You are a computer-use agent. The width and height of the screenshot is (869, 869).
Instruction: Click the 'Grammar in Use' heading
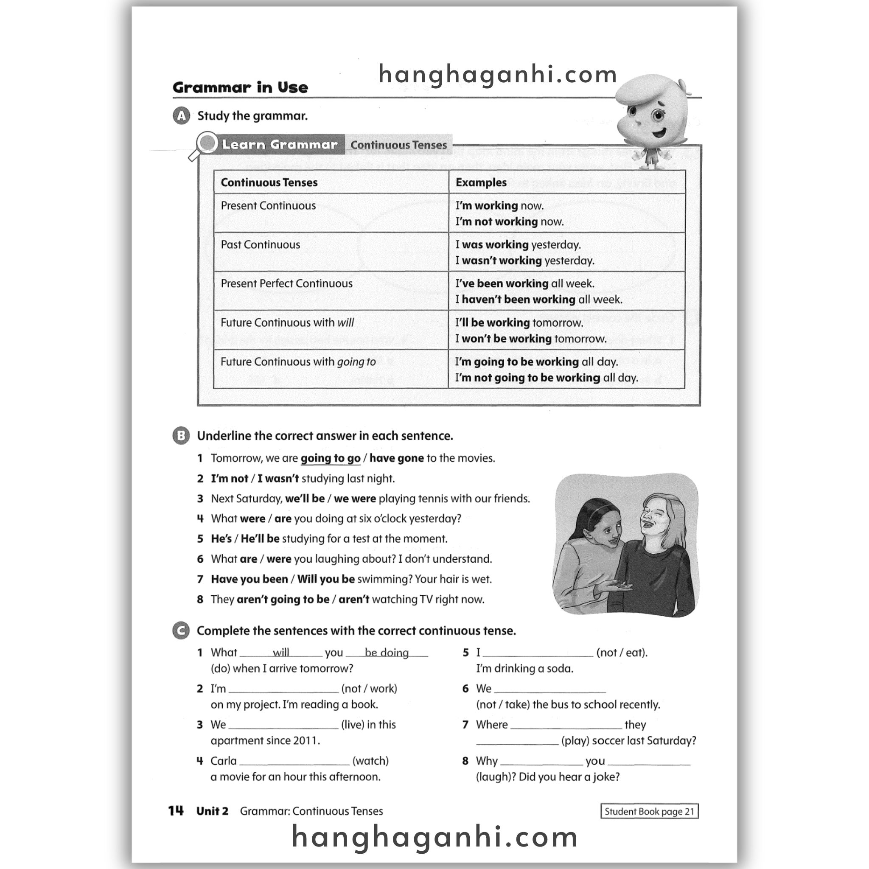tap(240, 87)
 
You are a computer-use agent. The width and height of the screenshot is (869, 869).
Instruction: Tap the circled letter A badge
tap(181, 116)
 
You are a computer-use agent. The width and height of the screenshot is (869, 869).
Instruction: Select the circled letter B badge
tap(181, 435)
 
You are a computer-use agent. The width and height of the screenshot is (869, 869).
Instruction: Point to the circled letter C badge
tap(181, 631)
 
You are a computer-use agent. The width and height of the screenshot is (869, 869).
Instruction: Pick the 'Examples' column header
tap(481, 182)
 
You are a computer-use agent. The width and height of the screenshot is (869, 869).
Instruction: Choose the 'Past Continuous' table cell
tap(260, 245)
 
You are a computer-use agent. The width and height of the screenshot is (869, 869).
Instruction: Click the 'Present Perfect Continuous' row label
tap(286, 283)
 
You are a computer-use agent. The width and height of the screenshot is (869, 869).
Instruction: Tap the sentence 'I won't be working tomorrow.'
tap(531, 339)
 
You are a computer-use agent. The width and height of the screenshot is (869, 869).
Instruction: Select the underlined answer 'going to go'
tap(331, 458)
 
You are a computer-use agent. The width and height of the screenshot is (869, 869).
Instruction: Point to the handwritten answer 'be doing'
tap(387, 652)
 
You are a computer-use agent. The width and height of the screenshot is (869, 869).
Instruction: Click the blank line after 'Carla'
tap(294, 761)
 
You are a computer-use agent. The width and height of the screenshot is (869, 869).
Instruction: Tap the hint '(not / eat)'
tap(622, 652)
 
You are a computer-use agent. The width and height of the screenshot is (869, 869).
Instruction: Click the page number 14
tap(176, 811)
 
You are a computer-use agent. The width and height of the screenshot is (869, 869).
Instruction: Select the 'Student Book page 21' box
tap(649, 811)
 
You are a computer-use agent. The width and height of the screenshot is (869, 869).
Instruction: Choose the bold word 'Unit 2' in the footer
tap(212, 811)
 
